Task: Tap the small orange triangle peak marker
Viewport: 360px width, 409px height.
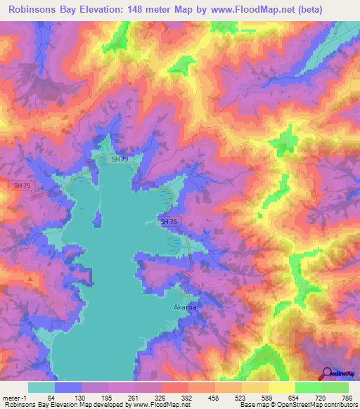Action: (30, 279)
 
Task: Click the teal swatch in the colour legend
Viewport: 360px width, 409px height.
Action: (41, 387)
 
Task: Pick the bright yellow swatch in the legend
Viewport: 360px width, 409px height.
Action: (281, 387)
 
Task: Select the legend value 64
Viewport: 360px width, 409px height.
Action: (61, 398)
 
